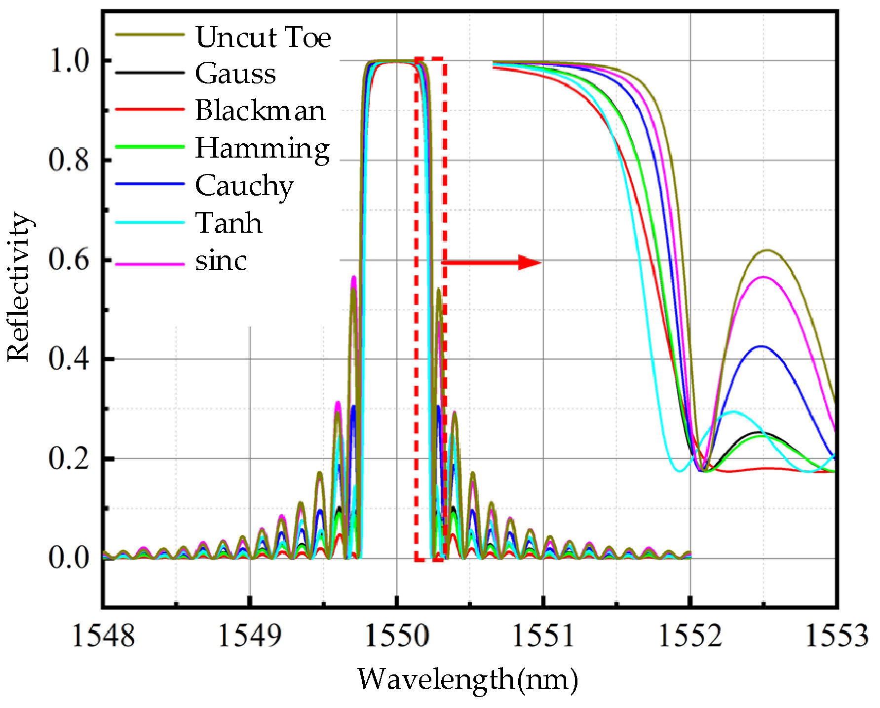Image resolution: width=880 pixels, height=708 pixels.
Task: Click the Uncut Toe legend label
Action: [263, 37]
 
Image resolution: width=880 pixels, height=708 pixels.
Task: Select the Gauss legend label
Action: [235, 74]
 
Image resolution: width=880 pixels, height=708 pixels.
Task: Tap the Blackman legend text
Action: [260, 110]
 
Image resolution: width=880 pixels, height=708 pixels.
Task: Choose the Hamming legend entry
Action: [262, 148]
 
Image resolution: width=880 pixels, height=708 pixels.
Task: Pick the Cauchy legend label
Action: [244, 186]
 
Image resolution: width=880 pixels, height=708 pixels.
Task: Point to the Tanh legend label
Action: [229, 223]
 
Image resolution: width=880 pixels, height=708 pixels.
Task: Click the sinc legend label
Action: [221, 260]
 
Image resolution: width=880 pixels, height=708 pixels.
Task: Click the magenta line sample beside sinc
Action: [150, 264]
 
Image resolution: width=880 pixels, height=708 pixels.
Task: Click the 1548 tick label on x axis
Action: [103, 635]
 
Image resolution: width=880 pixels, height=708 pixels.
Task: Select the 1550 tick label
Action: [397, 635]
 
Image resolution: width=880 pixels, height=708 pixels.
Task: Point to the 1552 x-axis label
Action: [690, 635]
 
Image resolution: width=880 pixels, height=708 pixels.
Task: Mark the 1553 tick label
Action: [836, 635]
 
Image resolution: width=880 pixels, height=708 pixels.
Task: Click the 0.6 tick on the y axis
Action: [69, 259]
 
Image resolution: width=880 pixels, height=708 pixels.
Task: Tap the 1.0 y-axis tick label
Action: [69, 61]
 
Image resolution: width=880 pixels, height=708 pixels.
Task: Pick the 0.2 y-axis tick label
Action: [69, 458]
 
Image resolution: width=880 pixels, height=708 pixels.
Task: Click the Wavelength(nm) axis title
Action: [467, 679]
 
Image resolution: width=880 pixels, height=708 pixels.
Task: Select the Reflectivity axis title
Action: [19, 287]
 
